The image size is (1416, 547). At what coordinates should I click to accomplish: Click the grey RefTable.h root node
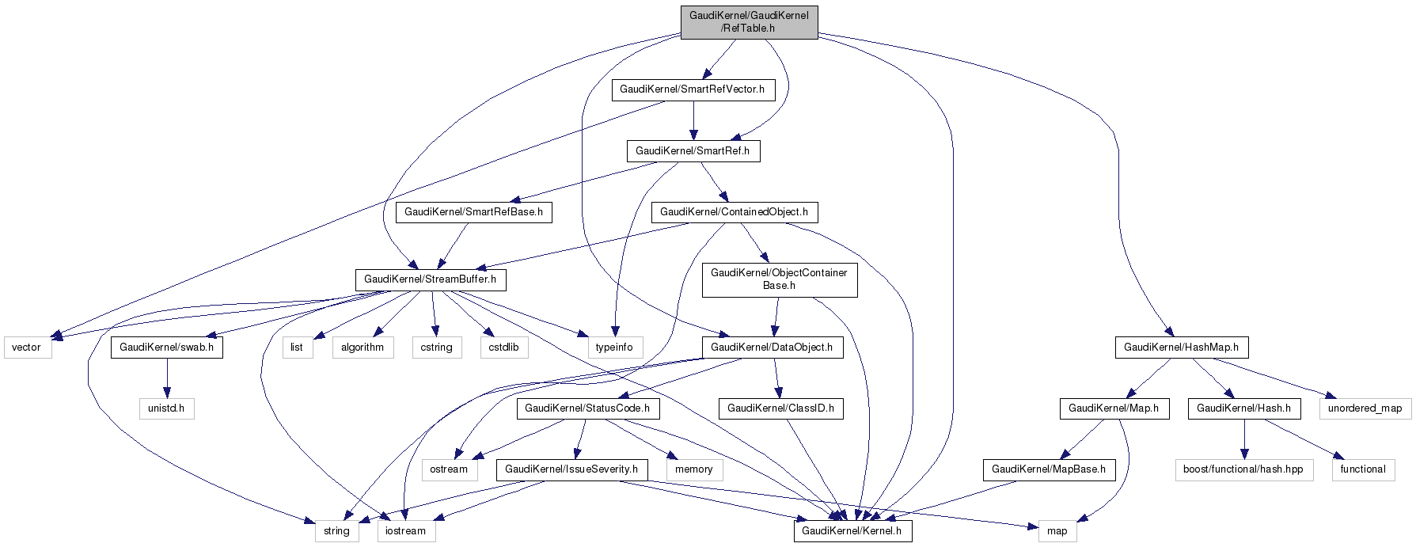point(749,22)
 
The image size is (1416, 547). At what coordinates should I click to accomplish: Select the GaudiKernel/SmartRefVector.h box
point(693,89)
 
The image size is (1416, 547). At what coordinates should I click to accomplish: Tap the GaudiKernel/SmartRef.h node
point(693,151)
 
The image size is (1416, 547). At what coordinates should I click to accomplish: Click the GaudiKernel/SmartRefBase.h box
point(473,212)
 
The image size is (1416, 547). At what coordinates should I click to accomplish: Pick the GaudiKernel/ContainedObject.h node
point(734,212)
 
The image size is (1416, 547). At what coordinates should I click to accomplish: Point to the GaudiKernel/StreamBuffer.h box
point(430,279)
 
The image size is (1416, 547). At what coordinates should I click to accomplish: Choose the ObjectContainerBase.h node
point(779,279)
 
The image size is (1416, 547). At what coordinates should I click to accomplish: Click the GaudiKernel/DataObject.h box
point(772,348)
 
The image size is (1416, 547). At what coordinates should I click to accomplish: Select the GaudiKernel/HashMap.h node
point(1181,348)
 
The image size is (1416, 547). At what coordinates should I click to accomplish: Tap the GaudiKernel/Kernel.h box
point(852,531)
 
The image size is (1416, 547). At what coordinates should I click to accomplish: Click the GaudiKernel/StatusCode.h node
point(587,408)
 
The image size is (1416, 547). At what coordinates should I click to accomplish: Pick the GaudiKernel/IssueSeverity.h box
point(571,469)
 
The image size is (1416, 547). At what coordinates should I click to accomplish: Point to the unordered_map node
point(1365,408)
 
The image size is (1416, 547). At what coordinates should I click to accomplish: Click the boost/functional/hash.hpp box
point(1243,469)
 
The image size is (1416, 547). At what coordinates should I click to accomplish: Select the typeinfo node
point(614,348)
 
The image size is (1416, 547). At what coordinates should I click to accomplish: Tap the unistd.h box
point(166,408)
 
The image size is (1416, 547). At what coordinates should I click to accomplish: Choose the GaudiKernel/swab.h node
point(166,348)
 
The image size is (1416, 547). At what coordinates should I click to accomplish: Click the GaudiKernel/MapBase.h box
point(1049,469)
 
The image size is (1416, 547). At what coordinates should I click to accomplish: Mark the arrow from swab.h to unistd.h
point(166,378)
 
